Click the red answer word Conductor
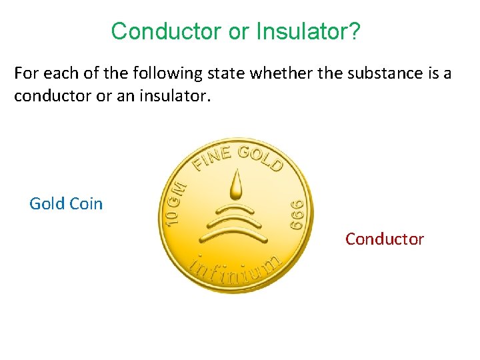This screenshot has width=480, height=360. pos(384,239)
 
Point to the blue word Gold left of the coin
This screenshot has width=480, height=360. pos(47,204)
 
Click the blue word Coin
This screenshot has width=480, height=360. pos(86,204)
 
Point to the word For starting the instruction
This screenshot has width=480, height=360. pos(26,73)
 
